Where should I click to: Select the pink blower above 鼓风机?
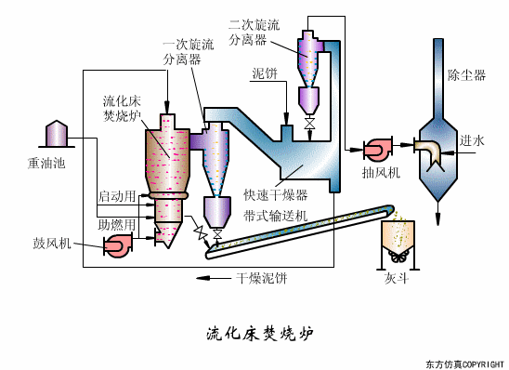click(118, 244)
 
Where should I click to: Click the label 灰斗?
click(396, 278)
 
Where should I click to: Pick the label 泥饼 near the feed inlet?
click(265, 73)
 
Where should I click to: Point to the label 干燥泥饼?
click(262, 277)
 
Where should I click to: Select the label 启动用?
click(116, 196)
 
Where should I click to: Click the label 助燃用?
click(116, 224)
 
